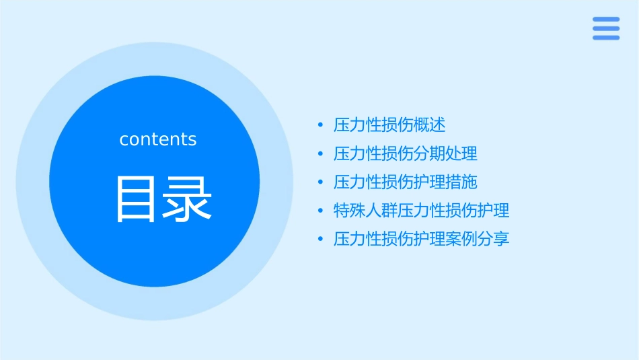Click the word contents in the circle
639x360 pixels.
point(158,139)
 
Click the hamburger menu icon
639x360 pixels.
point(605,28)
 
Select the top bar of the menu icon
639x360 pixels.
point(605,20)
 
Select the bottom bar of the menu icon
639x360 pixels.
point(605,38)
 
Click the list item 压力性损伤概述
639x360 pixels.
point(389,124)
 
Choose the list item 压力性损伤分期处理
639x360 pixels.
point(406,153)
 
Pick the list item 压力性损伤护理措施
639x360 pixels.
point(406,182)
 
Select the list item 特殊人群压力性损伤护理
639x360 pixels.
point(422,210)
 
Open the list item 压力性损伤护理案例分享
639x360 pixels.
point(422,239)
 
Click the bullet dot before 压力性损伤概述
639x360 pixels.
point(321,125)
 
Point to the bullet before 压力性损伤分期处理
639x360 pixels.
point(321,153)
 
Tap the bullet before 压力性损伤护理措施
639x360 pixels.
point(321,182)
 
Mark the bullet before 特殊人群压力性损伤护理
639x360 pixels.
point(321,211)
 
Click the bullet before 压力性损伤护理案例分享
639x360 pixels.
point(321,239)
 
